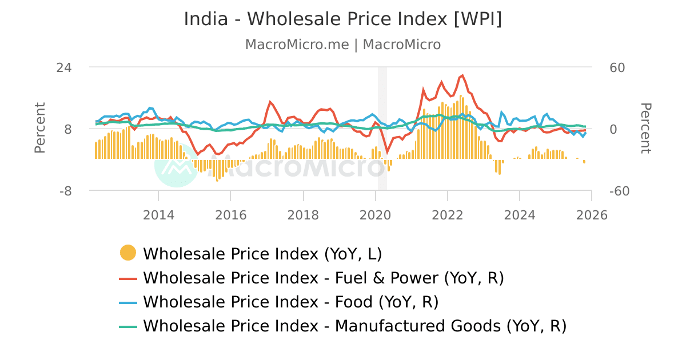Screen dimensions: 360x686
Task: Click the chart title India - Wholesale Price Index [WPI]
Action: coord(343,19)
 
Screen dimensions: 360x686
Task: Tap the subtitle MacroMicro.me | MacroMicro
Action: coord(343,45)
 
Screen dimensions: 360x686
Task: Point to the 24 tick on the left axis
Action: coord(64,67)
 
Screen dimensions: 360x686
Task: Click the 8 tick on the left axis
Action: coord(67,129)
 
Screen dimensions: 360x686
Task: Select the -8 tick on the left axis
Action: coord(65,191)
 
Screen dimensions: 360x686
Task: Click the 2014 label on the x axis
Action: coord(158,215)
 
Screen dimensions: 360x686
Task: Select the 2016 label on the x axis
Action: coord(230,215)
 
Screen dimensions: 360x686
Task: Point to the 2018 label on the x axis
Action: coord(303,215)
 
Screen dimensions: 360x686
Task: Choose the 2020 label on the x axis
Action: coord(375,215)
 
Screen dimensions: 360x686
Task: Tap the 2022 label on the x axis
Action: coord(447,215)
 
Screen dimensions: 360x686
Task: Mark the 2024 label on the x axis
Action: coord(520,215)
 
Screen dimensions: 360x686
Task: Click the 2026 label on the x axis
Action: coord(592,215)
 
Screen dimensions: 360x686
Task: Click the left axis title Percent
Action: coord(39,128)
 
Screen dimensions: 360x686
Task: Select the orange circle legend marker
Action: coord(128,253)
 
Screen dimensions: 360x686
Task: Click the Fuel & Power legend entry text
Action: coord(323,278)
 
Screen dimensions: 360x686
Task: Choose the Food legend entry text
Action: coord(290,302)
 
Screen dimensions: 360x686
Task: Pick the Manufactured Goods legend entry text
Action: coord(354,326)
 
